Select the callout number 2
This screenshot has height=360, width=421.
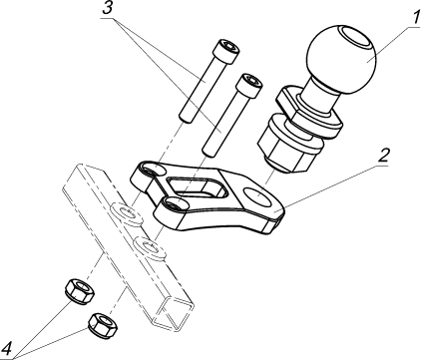384,156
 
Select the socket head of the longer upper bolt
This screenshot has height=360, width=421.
227,51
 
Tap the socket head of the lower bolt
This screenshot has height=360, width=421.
248,86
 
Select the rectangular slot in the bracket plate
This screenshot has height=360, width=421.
196,186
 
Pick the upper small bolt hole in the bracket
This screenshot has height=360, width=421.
154,170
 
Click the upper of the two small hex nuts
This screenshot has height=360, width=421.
80,291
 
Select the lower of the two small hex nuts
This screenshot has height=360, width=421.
103,324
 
